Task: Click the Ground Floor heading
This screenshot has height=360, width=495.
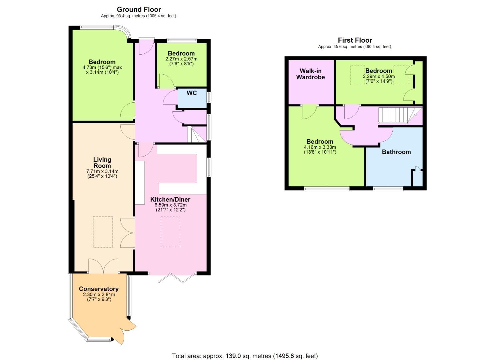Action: point(139,10)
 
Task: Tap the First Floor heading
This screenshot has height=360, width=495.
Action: point(355,40)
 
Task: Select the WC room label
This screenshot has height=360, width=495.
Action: point(192,93)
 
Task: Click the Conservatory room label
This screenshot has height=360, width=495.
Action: point(99,289)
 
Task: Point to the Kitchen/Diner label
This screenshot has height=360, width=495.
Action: point(170,200)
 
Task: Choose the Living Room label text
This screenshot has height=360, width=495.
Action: point(102,163)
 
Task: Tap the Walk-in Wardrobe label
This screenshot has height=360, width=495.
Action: point(310,74)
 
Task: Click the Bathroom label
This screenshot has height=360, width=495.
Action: point(396,152)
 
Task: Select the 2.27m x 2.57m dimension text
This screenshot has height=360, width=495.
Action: point(181,59)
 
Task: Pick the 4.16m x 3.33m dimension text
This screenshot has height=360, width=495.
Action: point(320,147)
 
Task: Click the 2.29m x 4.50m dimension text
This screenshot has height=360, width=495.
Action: point(379,76)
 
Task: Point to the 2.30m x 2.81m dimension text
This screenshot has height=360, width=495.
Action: point(99,295)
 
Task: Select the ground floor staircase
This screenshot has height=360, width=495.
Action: point(197,134)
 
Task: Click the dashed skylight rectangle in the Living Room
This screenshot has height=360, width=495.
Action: point(103,232)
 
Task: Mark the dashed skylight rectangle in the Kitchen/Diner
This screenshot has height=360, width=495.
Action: point(170,232)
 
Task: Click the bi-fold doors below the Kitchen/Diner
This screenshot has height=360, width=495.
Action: point(177,278)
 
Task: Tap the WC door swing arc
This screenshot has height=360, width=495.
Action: point(170,97)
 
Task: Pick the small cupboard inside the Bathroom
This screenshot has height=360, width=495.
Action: point(417,178)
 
